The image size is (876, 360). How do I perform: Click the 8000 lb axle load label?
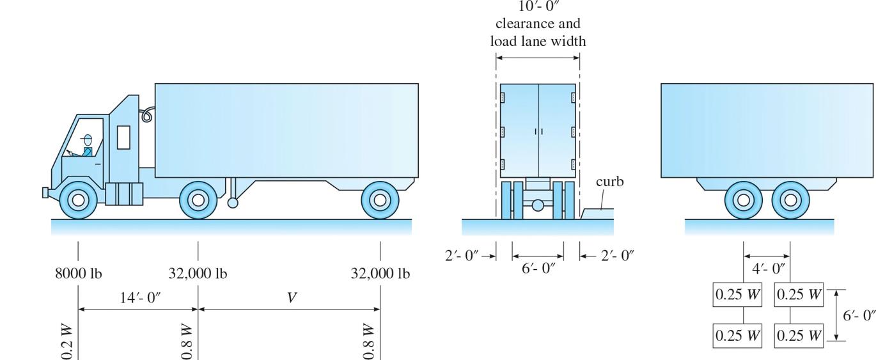[x=78, y=273]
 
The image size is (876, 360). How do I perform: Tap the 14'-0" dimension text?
[x=140, y=298]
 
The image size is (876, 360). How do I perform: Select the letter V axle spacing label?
[x=292, y=298]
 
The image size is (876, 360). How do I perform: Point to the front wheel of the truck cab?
[x=78, y=200]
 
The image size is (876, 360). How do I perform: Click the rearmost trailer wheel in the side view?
[x=380, y=200]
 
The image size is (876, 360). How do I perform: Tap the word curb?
[x=609, y=182]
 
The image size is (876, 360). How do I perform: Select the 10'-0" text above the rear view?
[x=538, y=6]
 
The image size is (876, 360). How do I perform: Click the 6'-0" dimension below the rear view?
[x=538, y=269]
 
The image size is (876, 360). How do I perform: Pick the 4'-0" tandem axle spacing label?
[x=769, y=269]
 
